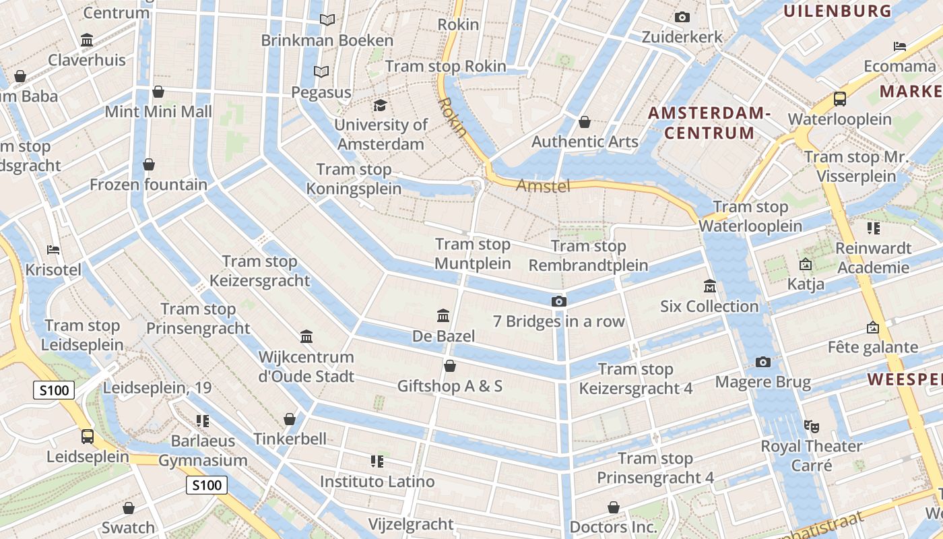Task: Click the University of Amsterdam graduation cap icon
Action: pos(381,105)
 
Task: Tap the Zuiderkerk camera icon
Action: pos(682,17)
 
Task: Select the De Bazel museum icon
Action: pos(443,315)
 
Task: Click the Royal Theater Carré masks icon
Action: pos(812,426)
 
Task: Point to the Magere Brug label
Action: pos(762,382)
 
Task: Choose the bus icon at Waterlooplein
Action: pos(840,99)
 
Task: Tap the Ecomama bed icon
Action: pos(900,46)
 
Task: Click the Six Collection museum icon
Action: pos(709,286)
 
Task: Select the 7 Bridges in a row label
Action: pos(559,321)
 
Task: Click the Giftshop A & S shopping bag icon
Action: pos(449,366)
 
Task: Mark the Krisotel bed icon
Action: pos(53,250)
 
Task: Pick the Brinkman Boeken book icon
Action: pos(327,20)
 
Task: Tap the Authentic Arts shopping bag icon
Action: pos(585,122)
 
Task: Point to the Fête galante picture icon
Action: pos(873,327)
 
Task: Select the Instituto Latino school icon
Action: pos(377,462)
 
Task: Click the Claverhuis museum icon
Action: pos(87,40)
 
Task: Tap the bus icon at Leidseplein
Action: pos(88,437)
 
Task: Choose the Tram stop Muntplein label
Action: pos(472,254)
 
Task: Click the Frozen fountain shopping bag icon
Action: pos(149,164)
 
